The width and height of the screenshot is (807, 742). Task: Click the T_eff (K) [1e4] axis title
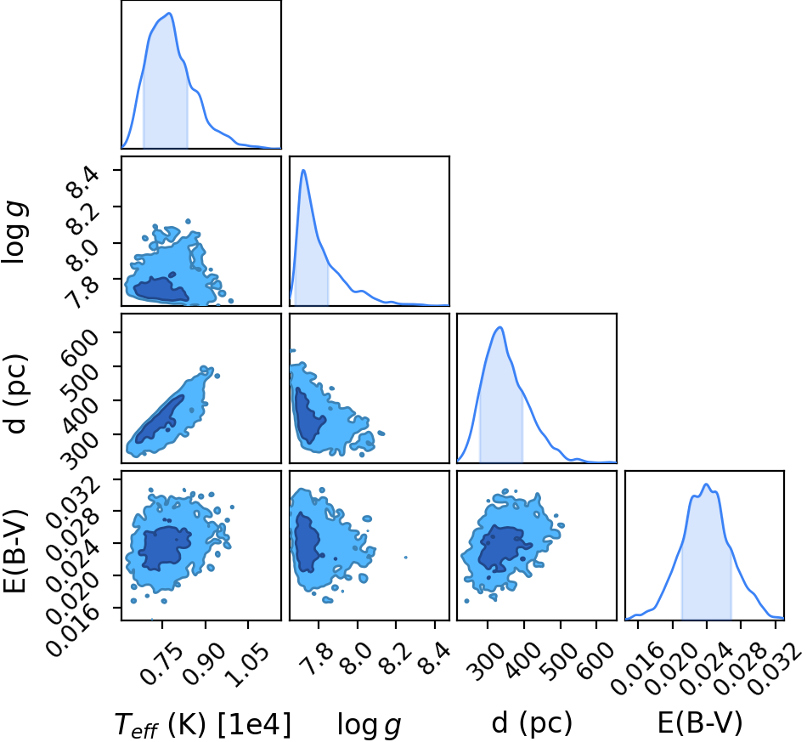point(202,725)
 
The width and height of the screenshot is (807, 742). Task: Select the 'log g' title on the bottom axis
point(369,726)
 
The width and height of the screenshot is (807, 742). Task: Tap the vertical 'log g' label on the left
point(14,234)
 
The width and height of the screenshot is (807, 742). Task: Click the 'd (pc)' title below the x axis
point(532,723)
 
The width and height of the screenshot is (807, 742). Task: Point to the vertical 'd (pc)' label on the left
point(15,394)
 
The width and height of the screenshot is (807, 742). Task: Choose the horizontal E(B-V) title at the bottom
point(700,723)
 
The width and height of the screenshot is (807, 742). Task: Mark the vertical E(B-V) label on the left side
point(14,552)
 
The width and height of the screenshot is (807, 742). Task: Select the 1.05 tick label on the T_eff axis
point(247,665)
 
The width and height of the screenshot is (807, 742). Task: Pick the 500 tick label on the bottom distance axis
point(560,661)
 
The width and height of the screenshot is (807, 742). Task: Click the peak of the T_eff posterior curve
point(169,14)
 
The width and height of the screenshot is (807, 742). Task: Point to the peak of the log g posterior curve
point(303,170)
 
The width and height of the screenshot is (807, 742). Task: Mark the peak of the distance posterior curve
point(499,327)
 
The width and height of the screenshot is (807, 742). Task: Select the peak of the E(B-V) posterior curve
point(706,484)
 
